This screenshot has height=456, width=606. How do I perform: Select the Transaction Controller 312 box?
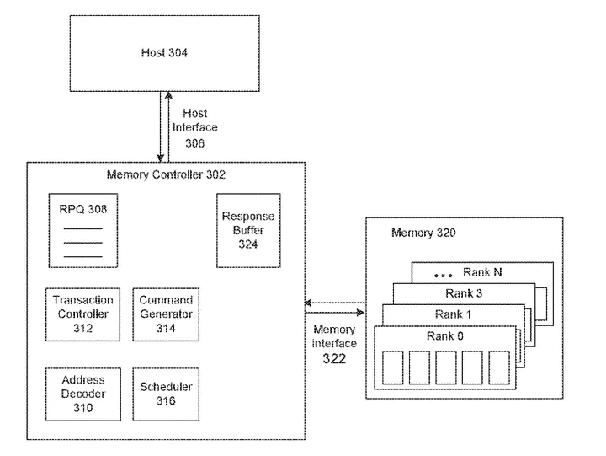(82, 314)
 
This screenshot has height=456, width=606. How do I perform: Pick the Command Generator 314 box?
(165, 314)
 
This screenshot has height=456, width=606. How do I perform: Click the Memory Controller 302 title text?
(166, 175)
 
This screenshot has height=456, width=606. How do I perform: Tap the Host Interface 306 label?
(194, 128)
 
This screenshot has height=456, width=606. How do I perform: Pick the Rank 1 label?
(454, 314)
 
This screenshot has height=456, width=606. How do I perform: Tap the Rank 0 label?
(444, 335)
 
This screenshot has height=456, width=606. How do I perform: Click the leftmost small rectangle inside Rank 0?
(393, 367)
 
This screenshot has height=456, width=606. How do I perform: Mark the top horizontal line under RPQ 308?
(82, 228)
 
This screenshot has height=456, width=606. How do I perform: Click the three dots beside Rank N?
(443, 275)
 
